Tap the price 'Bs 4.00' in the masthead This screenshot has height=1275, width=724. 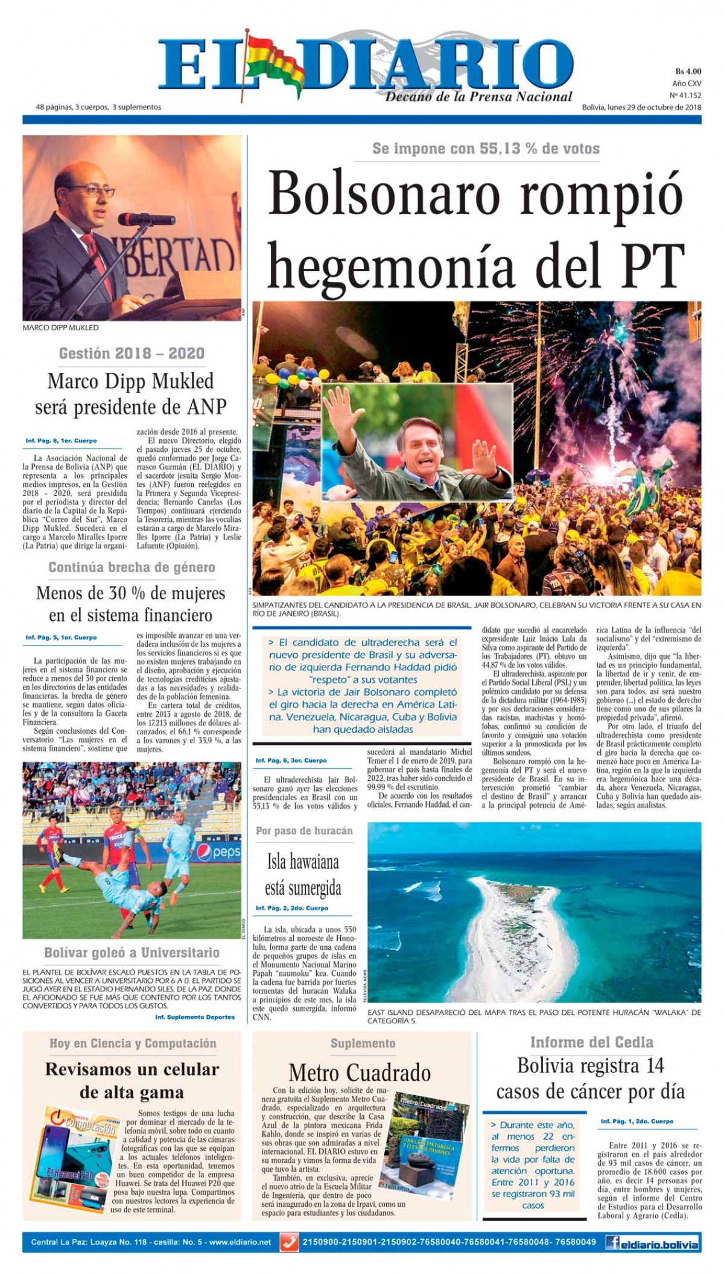click(687, 71)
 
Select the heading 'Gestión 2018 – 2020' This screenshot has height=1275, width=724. click(132, 354)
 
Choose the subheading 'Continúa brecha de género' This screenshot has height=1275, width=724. click(132, 567)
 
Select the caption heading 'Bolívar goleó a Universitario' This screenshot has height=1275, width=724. click(132, 953)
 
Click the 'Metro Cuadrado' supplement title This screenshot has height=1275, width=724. click(360, 1072)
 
